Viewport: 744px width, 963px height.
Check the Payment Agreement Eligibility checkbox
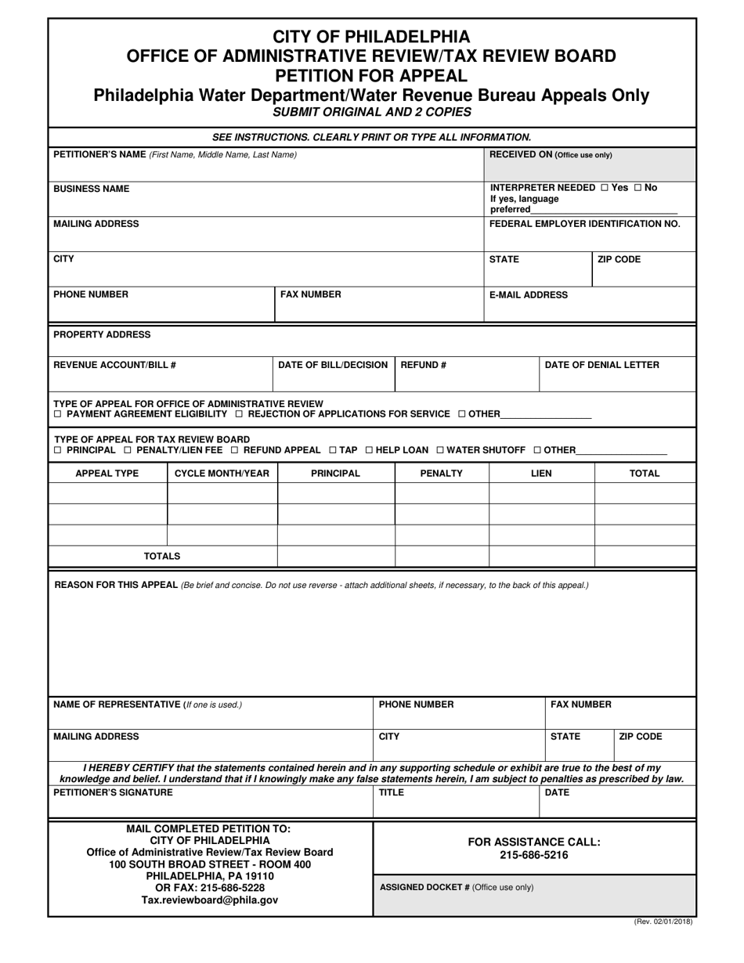(57, 413)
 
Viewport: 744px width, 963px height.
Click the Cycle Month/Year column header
(222, 474)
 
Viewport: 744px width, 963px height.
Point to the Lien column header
(541, 474)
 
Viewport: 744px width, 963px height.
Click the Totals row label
(162, 556)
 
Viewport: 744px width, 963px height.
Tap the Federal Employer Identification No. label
(584, 224)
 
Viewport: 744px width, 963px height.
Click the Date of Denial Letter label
(601, 365)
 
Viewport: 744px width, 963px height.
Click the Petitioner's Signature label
(113, 792)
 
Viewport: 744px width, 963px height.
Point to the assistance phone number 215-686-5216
(533, 855)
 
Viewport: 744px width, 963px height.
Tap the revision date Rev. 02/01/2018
(663, 922)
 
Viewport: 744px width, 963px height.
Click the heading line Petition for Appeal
(371, 76)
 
